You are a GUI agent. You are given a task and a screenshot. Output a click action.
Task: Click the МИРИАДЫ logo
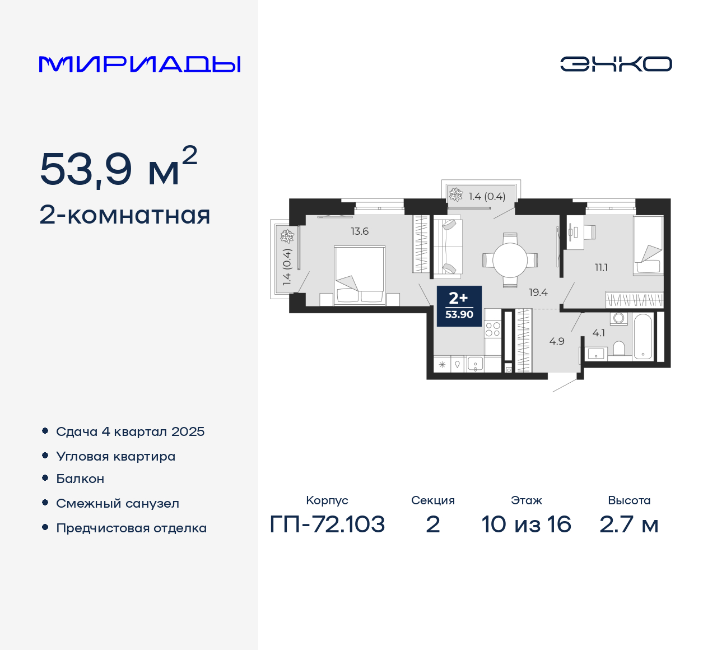coord(139,64)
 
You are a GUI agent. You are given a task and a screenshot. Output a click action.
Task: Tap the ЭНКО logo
coord(616,64)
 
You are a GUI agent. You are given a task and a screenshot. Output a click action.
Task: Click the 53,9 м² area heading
coord(118,168)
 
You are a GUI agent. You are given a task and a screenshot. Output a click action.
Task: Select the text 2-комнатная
coord(125,215)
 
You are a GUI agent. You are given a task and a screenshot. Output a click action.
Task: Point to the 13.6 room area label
coord(360,231)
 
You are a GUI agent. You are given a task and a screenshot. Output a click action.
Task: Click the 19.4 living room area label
coord(538,292)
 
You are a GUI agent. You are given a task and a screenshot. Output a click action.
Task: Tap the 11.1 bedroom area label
coord(601,268)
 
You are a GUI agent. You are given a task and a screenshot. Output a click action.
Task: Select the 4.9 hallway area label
coord(557,341)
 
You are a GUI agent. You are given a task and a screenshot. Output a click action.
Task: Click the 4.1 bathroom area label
coord(598,333)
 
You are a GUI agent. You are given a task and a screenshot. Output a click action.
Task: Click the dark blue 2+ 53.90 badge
coord(459,306)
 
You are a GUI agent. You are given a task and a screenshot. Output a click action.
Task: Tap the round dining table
coord(510,260)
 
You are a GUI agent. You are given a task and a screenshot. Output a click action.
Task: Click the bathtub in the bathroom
coord(643,336)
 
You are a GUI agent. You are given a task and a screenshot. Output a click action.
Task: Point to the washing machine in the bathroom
coord(619,318)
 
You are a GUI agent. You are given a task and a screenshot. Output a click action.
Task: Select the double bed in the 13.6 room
coord(359,275)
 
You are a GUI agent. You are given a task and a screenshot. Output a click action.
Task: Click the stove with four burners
coord(492,329)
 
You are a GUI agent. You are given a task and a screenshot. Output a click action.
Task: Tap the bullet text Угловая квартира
coord(115,456)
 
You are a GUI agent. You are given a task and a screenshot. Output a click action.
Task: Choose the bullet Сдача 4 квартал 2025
coord(130,431)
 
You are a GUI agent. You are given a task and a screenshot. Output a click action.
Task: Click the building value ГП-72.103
coord(327,524)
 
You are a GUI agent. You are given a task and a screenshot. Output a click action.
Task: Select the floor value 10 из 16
coord(526,524)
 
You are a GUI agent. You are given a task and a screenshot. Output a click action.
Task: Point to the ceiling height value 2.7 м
coord(628,524)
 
